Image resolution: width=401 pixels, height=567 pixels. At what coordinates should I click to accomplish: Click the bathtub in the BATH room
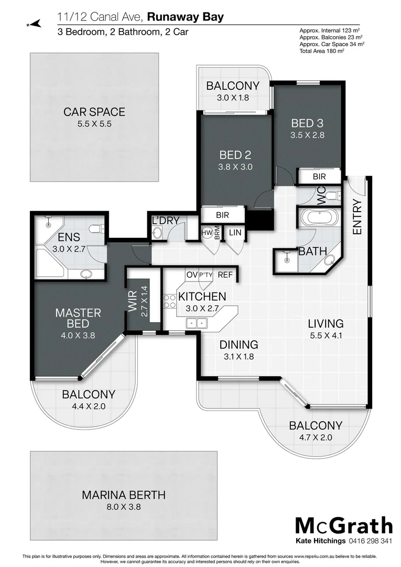click(x=319, y=217)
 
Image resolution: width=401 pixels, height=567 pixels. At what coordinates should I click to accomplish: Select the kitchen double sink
click(x=197, y=323)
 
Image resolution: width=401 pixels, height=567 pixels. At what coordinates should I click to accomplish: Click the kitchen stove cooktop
click(x=170, y=301)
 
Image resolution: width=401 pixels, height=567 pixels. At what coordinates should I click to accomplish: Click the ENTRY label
click(x=357, y=217)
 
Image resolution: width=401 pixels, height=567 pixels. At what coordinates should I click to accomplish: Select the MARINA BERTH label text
click(x=124, y=495)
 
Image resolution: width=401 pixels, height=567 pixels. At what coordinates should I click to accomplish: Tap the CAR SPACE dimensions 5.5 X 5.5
click(x=94, y=124)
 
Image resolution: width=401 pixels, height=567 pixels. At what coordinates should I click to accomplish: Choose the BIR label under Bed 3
click(x=319, y=177)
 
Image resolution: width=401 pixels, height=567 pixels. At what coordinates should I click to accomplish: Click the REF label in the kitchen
click(x=225, y=275)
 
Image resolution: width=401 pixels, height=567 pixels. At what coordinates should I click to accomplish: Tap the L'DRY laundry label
click(x=166, y=221)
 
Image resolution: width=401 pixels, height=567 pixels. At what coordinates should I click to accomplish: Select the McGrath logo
click(x=343, y=525)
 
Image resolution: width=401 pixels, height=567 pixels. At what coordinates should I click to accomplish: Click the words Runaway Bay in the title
click(x=185, y=17)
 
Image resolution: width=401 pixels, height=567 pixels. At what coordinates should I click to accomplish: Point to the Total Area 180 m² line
click(x=322, y=51)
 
